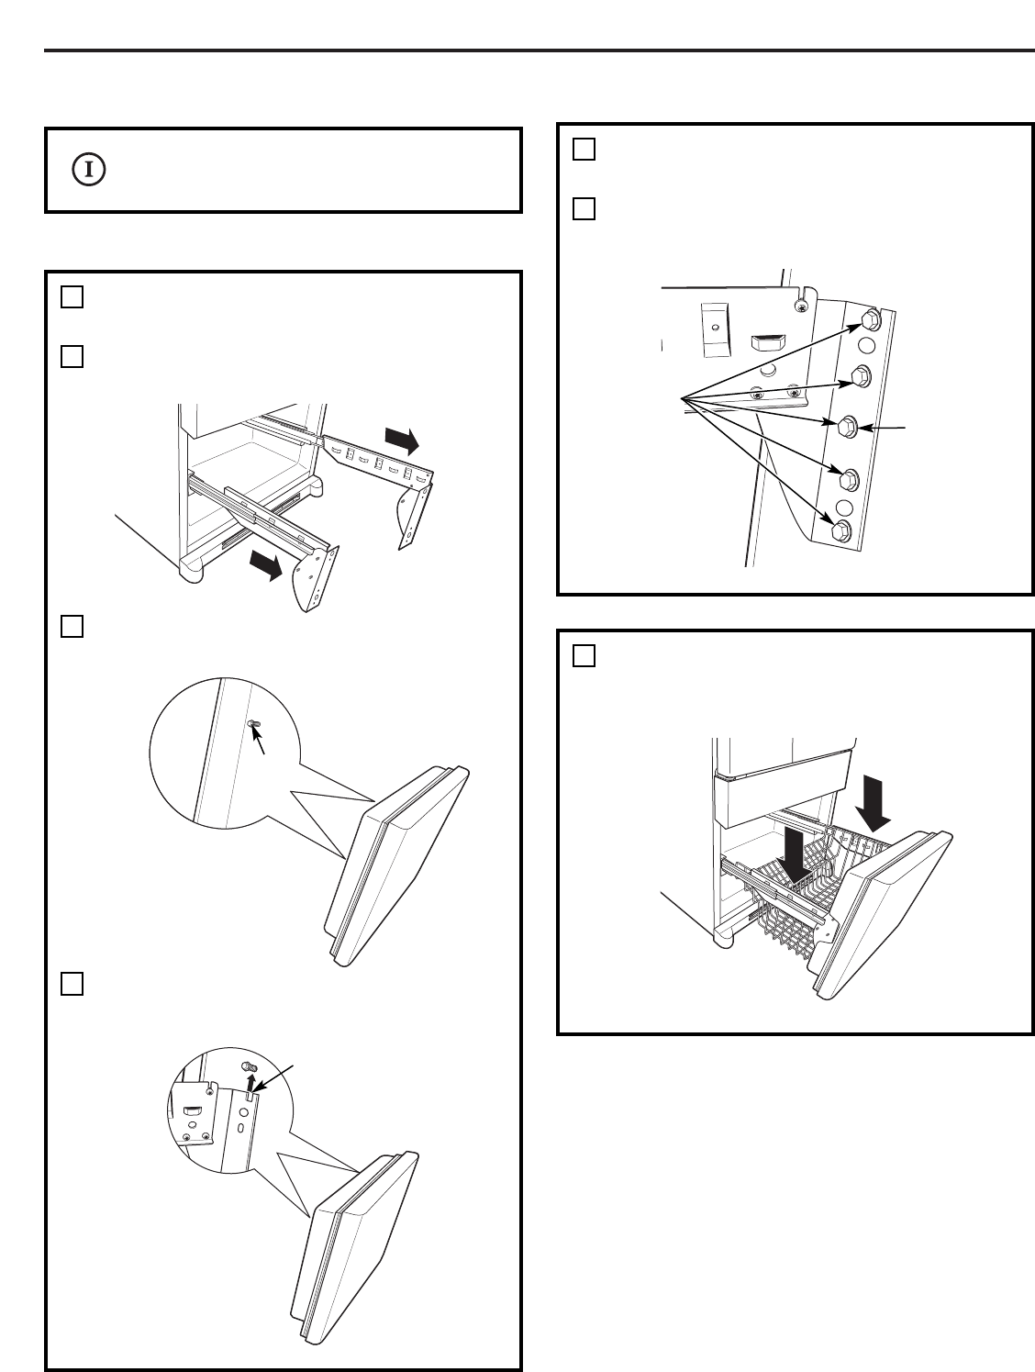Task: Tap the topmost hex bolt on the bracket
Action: coord(869,319)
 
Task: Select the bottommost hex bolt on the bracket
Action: coord(839,530)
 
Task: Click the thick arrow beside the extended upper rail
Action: coord(401,439)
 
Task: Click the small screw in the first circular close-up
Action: coord(254,724)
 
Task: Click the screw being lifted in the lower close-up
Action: coord(246,1065)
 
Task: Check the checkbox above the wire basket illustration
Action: coord(584,656)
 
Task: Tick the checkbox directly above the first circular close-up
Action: coord(72,627)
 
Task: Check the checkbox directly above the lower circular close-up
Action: coord(72,983)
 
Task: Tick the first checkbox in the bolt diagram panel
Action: coord(584,150)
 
